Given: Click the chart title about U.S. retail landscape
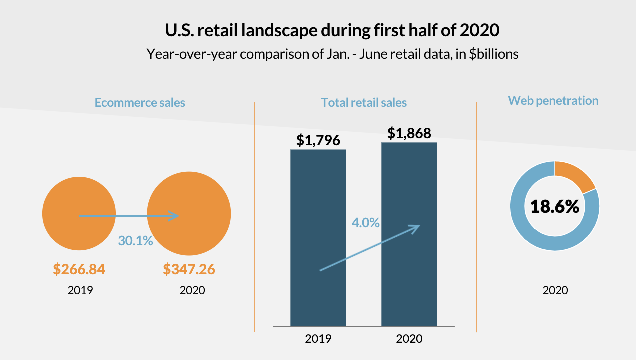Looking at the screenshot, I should (x=332, y=30).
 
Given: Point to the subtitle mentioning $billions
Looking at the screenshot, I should (x=332, y=54).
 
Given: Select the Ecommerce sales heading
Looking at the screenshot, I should (x=140, y=103).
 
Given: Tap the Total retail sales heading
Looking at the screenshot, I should (x=364, y=103).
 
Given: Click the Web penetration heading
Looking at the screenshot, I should (x=553, y=100).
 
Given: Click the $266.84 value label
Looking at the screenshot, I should (x=79, y=269).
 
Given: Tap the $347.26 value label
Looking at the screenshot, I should (x=189, y=269).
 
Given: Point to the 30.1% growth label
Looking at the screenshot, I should (x=135, y=241).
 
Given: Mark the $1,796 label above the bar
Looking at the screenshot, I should (x=318, y=140).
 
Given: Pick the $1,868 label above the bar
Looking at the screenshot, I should (x=409, y=133).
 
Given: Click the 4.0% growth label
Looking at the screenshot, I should (x=366, y=223).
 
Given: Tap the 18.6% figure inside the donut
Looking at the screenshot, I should (x=555, y=206).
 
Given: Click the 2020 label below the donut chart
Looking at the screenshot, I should (x=555, y=290).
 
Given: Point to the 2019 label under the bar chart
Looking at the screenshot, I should (x=318, y=338).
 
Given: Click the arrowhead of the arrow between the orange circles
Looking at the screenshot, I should (x=174, y=216).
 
